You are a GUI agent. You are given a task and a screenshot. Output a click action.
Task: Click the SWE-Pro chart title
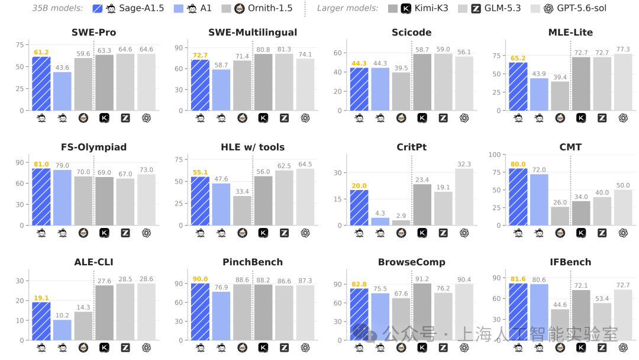tap(93, 33)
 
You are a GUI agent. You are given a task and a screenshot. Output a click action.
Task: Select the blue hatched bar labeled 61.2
tap(41, 83)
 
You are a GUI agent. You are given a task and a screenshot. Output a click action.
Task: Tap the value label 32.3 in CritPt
tap(464, 164)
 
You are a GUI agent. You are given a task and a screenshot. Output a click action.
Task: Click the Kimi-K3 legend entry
tap(418, 8)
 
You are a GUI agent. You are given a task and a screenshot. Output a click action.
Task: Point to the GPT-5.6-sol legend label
tap(582, 8)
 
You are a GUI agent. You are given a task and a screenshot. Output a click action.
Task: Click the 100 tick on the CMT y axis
tap(494, 155)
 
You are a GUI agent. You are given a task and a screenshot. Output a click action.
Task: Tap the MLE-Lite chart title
tap(570, 33)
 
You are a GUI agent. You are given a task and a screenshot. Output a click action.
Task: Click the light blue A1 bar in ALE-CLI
tap(62, 330)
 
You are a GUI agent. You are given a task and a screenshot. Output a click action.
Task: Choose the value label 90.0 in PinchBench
tap(200, 279)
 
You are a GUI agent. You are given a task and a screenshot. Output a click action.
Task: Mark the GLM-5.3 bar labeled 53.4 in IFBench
tap(602, 322)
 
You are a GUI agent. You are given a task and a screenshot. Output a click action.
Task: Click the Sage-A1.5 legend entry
tap(128, 8)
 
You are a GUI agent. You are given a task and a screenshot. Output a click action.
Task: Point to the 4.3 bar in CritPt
tap(380, 221)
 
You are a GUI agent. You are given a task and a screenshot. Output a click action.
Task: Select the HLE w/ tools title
tap(253, 147)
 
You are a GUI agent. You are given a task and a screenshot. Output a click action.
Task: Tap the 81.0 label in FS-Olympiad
tap(41, 164)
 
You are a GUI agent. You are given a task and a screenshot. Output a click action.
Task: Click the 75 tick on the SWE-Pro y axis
tap(20, 45)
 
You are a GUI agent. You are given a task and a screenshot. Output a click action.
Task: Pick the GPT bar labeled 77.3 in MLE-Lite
tap(623, 82)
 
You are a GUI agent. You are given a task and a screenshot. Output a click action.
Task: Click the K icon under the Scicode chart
tap(422, 118)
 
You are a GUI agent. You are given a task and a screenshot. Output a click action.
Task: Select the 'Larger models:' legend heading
tap(348, 8)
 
